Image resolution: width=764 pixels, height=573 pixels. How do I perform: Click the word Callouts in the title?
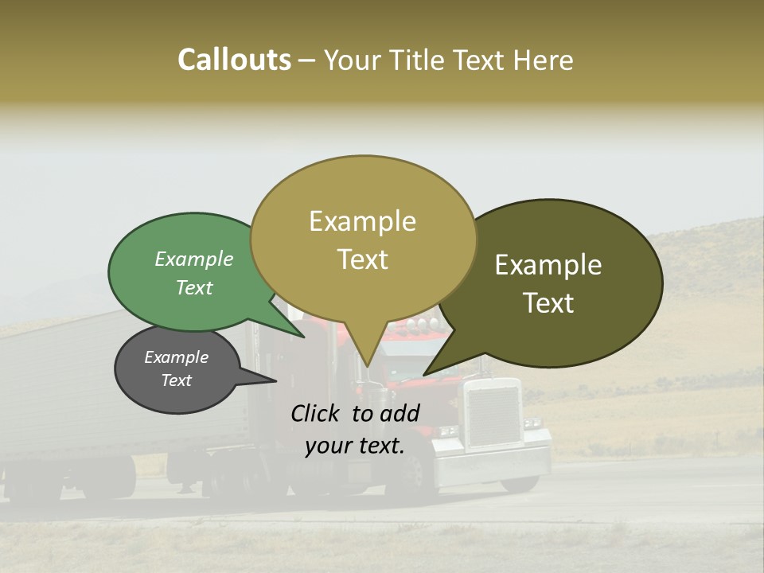pyautogui.click(x=234, y=60)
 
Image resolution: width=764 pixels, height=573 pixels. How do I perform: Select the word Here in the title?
pyautogui.click(x=544, y=60)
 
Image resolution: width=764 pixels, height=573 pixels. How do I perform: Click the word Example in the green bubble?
pyautogui.click(x=194, y=259)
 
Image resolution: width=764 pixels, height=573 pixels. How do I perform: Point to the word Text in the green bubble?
pyautogui.click(x=194, y=287)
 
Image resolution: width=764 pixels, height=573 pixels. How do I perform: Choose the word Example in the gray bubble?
pyautogui.click(x=177, y=357)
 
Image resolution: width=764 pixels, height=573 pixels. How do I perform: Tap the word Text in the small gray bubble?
pyautogui.click(x=177, y=380)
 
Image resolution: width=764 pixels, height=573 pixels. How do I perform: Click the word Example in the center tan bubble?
pyautogui.click(x=363, y=221)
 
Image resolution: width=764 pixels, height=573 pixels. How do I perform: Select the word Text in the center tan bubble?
pyautogui.click(x=363, y=259)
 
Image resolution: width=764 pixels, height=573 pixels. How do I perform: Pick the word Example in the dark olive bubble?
pyautogui.click(x=548, y=265)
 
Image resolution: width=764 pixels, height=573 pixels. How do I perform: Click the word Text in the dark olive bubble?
pyautogui.click(x=548, y=303)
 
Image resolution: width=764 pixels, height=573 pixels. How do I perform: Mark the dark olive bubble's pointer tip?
pyautogui.click(x=425, y=374)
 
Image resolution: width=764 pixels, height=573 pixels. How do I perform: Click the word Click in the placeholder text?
pyautogui.click(x=317, y=413)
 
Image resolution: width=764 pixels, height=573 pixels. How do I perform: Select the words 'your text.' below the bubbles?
pyautogui.click(x=355, y=446)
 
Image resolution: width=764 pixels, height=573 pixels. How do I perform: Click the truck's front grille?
pyautogui.click(x=492, y=415)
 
